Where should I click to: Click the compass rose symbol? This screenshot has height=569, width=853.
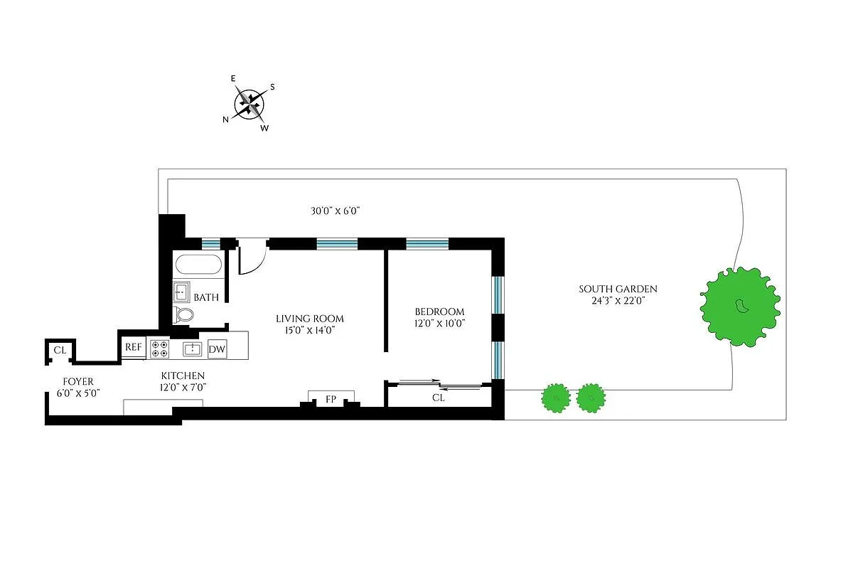(x=250, y=104)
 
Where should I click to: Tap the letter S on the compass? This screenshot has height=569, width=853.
(x=272, y=87)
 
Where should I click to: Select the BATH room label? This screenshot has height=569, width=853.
(x=206, y=297)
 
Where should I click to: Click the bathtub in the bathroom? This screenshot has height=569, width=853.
(x=198, y=266)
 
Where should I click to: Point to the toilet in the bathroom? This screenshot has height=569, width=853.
(x=185, y=315)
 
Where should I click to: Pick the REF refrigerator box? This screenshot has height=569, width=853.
(x=134, y=348)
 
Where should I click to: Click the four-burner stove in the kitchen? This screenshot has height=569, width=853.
(x=159, y=349)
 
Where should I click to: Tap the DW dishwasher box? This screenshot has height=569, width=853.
(x=217, y=349)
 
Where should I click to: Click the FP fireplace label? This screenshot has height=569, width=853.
(x=331, y=400)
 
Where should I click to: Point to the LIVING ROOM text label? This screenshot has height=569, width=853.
(x=310, y=319)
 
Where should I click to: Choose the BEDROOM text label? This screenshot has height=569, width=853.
(x=439, y=312)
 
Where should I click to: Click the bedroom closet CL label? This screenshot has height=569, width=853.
(x=439, y=398)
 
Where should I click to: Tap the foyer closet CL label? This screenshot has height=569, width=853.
(x=60, y=350)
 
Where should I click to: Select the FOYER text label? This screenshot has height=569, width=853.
(x=77, y=382)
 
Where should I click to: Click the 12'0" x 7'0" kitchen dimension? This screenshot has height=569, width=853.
(x=183, y=388)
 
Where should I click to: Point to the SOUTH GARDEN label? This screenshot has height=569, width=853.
(x=618, y=289)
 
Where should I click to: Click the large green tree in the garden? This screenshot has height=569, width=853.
(x=740, y=306)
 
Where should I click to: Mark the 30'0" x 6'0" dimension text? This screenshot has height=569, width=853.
(x=336, y=211)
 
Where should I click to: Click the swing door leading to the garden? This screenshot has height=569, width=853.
(x=250, y=257)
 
